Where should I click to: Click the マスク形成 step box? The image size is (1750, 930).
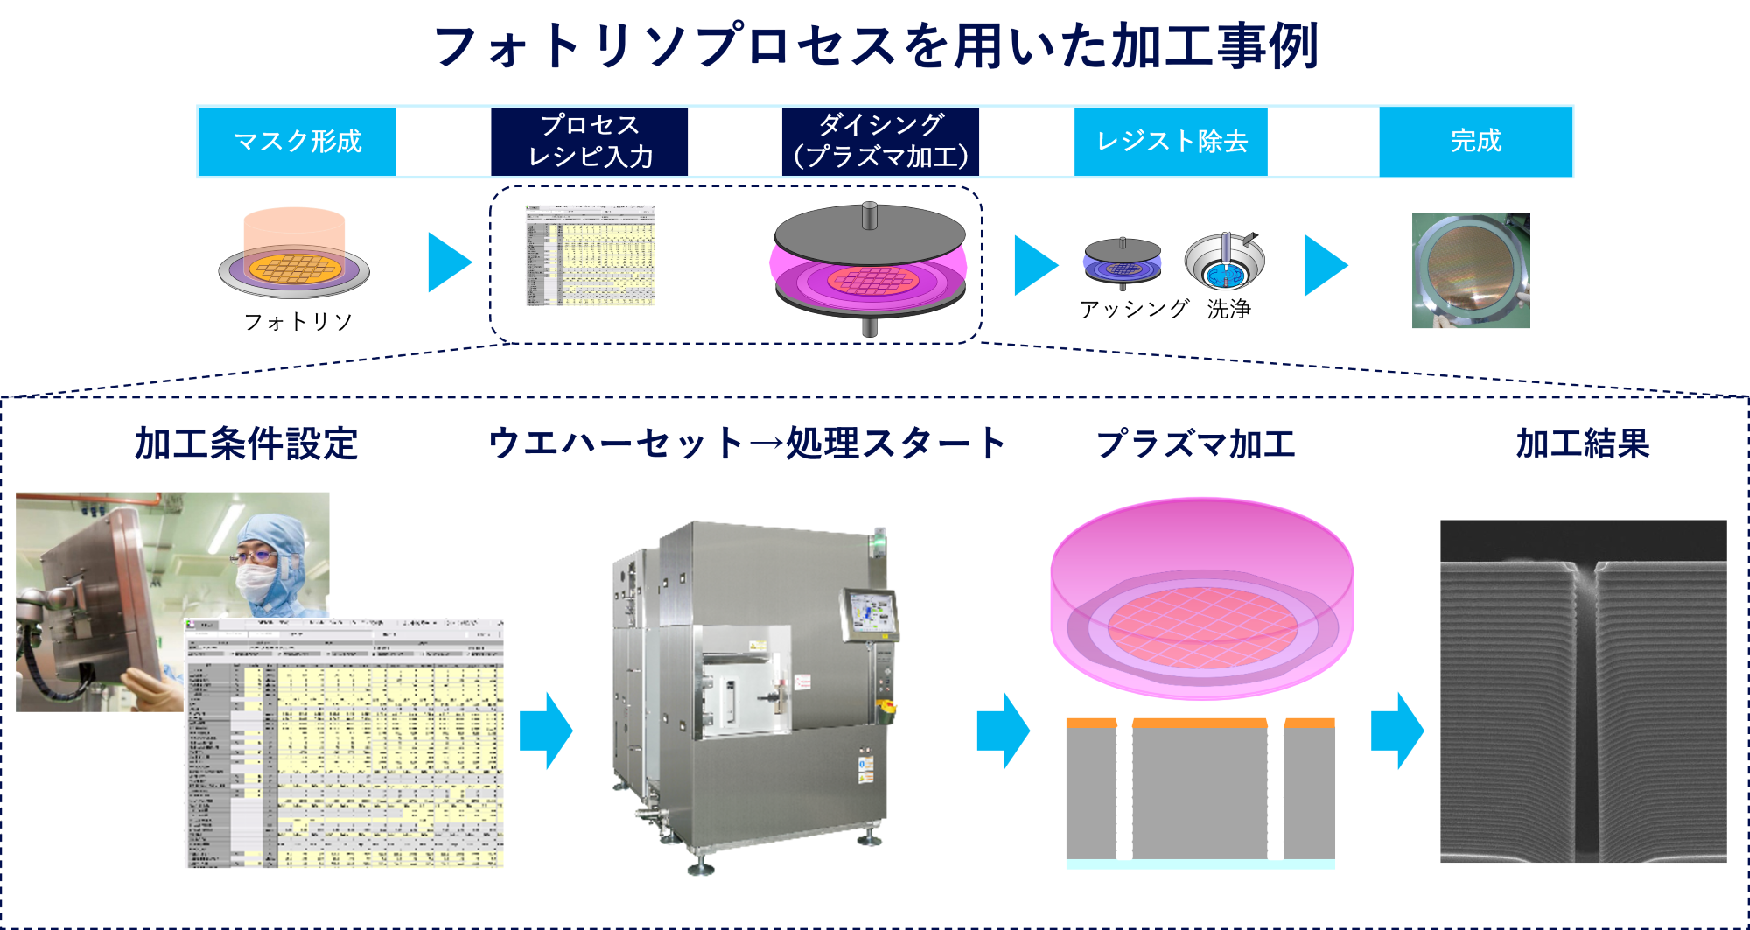297,142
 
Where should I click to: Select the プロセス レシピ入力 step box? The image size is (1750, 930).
590,142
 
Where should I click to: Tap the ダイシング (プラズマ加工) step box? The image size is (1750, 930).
880,142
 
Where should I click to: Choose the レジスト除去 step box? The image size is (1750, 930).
1171,142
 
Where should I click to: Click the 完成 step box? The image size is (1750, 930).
1476,142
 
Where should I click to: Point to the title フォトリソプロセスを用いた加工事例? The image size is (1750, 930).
875,46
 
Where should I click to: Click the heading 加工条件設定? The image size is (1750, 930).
246,444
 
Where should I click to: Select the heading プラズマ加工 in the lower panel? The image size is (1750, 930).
1195,444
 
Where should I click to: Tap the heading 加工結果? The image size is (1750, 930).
1582,444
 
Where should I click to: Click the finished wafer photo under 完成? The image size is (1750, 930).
1471,270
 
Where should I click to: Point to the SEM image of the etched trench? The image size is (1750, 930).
1583,691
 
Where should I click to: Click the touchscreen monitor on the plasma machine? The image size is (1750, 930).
870,613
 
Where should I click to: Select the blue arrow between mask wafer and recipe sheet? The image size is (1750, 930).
449,262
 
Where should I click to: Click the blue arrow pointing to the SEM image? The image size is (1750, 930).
1396,731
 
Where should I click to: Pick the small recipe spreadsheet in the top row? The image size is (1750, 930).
589,255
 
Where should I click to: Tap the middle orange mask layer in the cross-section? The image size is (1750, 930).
1200,723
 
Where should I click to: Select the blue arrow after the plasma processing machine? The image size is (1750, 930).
1003,731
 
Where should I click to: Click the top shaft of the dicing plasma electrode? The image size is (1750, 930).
869,215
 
